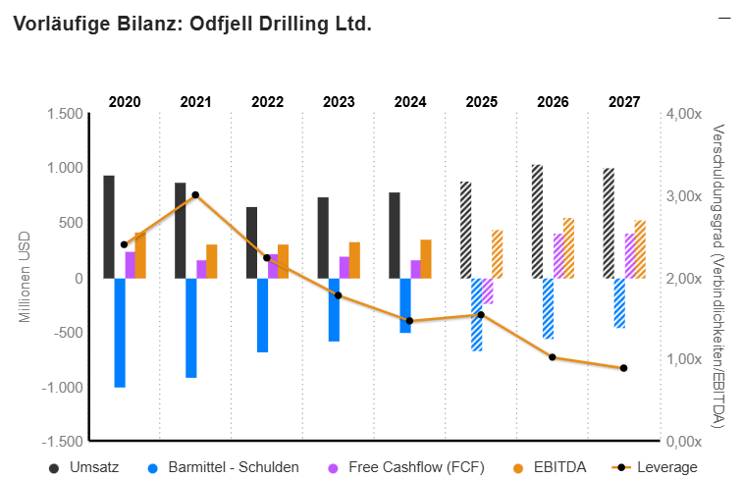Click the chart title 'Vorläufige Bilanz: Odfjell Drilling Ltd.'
(192, 24)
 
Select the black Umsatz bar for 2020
(109, 227)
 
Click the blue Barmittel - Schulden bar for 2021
(191, 327)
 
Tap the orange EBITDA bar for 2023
(354, 260)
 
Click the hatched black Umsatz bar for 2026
(537, 221)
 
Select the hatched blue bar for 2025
(477, 314)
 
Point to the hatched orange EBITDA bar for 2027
(640, 249)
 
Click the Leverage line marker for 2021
(195, 195)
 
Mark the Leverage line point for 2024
(409, 321)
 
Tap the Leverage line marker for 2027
(623, 368)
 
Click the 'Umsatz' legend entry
(94, 467)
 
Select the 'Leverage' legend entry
(666, 467)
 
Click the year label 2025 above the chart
(481, 101)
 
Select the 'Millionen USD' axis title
(26, 277)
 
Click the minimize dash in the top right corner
(724, 18)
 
